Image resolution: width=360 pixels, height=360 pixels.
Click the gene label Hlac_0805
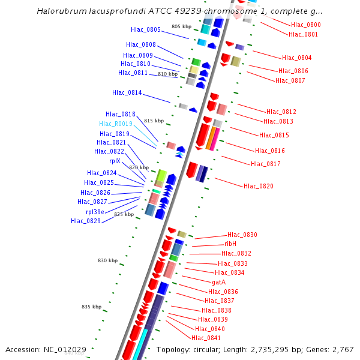click(146, 29)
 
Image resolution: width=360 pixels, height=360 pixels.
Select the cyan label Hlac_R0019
click(116, 124)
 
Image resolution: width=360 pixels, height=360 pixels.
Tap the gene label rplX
click(115, 161)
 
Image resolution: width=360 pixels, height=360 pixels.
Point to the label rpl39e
click(95, 212)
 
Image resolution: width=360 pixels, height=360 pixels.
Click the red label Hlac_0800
click(306, 25)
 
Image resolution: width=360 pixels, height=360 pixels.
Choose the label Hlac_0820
click(259, 186)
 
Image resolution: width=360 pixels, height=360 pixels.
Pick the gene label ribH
click(230, 244)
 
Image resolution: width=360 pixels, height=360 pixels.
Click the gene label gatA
click(218, 282)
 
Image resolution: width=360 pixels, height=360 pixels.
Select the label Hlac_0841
click(206, 338)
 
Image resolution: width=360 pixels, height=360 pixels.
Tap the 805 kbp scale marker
click(181, 26)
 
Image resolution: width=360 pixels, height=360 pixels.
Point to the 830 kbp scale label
click(108, 260)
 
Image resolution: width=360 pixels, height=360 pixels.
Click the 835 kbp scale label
click(92, 307)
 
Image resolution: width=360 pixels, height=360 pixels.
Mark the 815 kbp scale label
click(154, 121)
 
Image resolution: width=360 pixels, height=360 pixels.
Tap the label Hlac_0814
click(127, 92)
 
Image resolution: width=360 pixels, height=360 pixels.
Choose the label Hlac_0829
click(86, 221)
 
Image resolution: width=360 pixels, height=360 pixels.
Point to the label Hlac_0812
click(281, 112)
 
